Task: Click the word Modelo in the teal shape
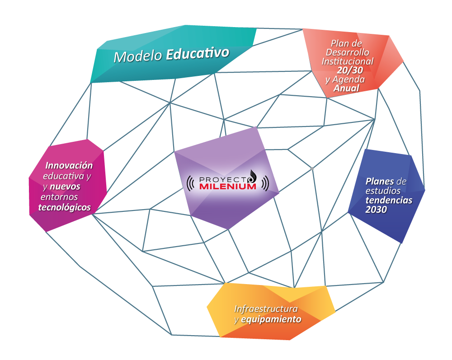click(x=138, y=56)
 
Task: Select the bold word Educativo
click(x=198, y=53)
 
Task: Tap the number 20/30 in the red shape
click(x=350, y=70)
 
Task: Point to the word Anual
click(x=347, y=88)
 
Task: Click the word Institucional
click(x=348, y=61)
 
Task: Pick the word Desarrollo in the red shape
click(x=347, y=52)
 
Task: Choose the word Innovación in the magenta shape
click(x=69, y=165)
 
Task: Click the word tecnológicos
click(x=65, y=207)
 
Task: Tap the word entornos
click(x=59, y=197)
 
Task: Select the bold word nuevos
click(x=65, y=187)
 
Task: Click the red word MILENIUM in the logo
click(x=228, y=187)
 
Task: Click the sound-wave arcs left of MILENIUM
click(x=191, y=183)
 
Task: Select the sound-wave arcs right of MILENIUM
click(x=265, y=183)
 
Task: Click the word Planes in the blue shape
click(x=380, y=182)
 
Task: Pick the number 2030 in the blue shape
click(x=376, y=210)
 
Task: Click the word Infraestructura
click(x=266, y=309)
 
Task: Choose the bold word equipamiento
click(x=271, y=319)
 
